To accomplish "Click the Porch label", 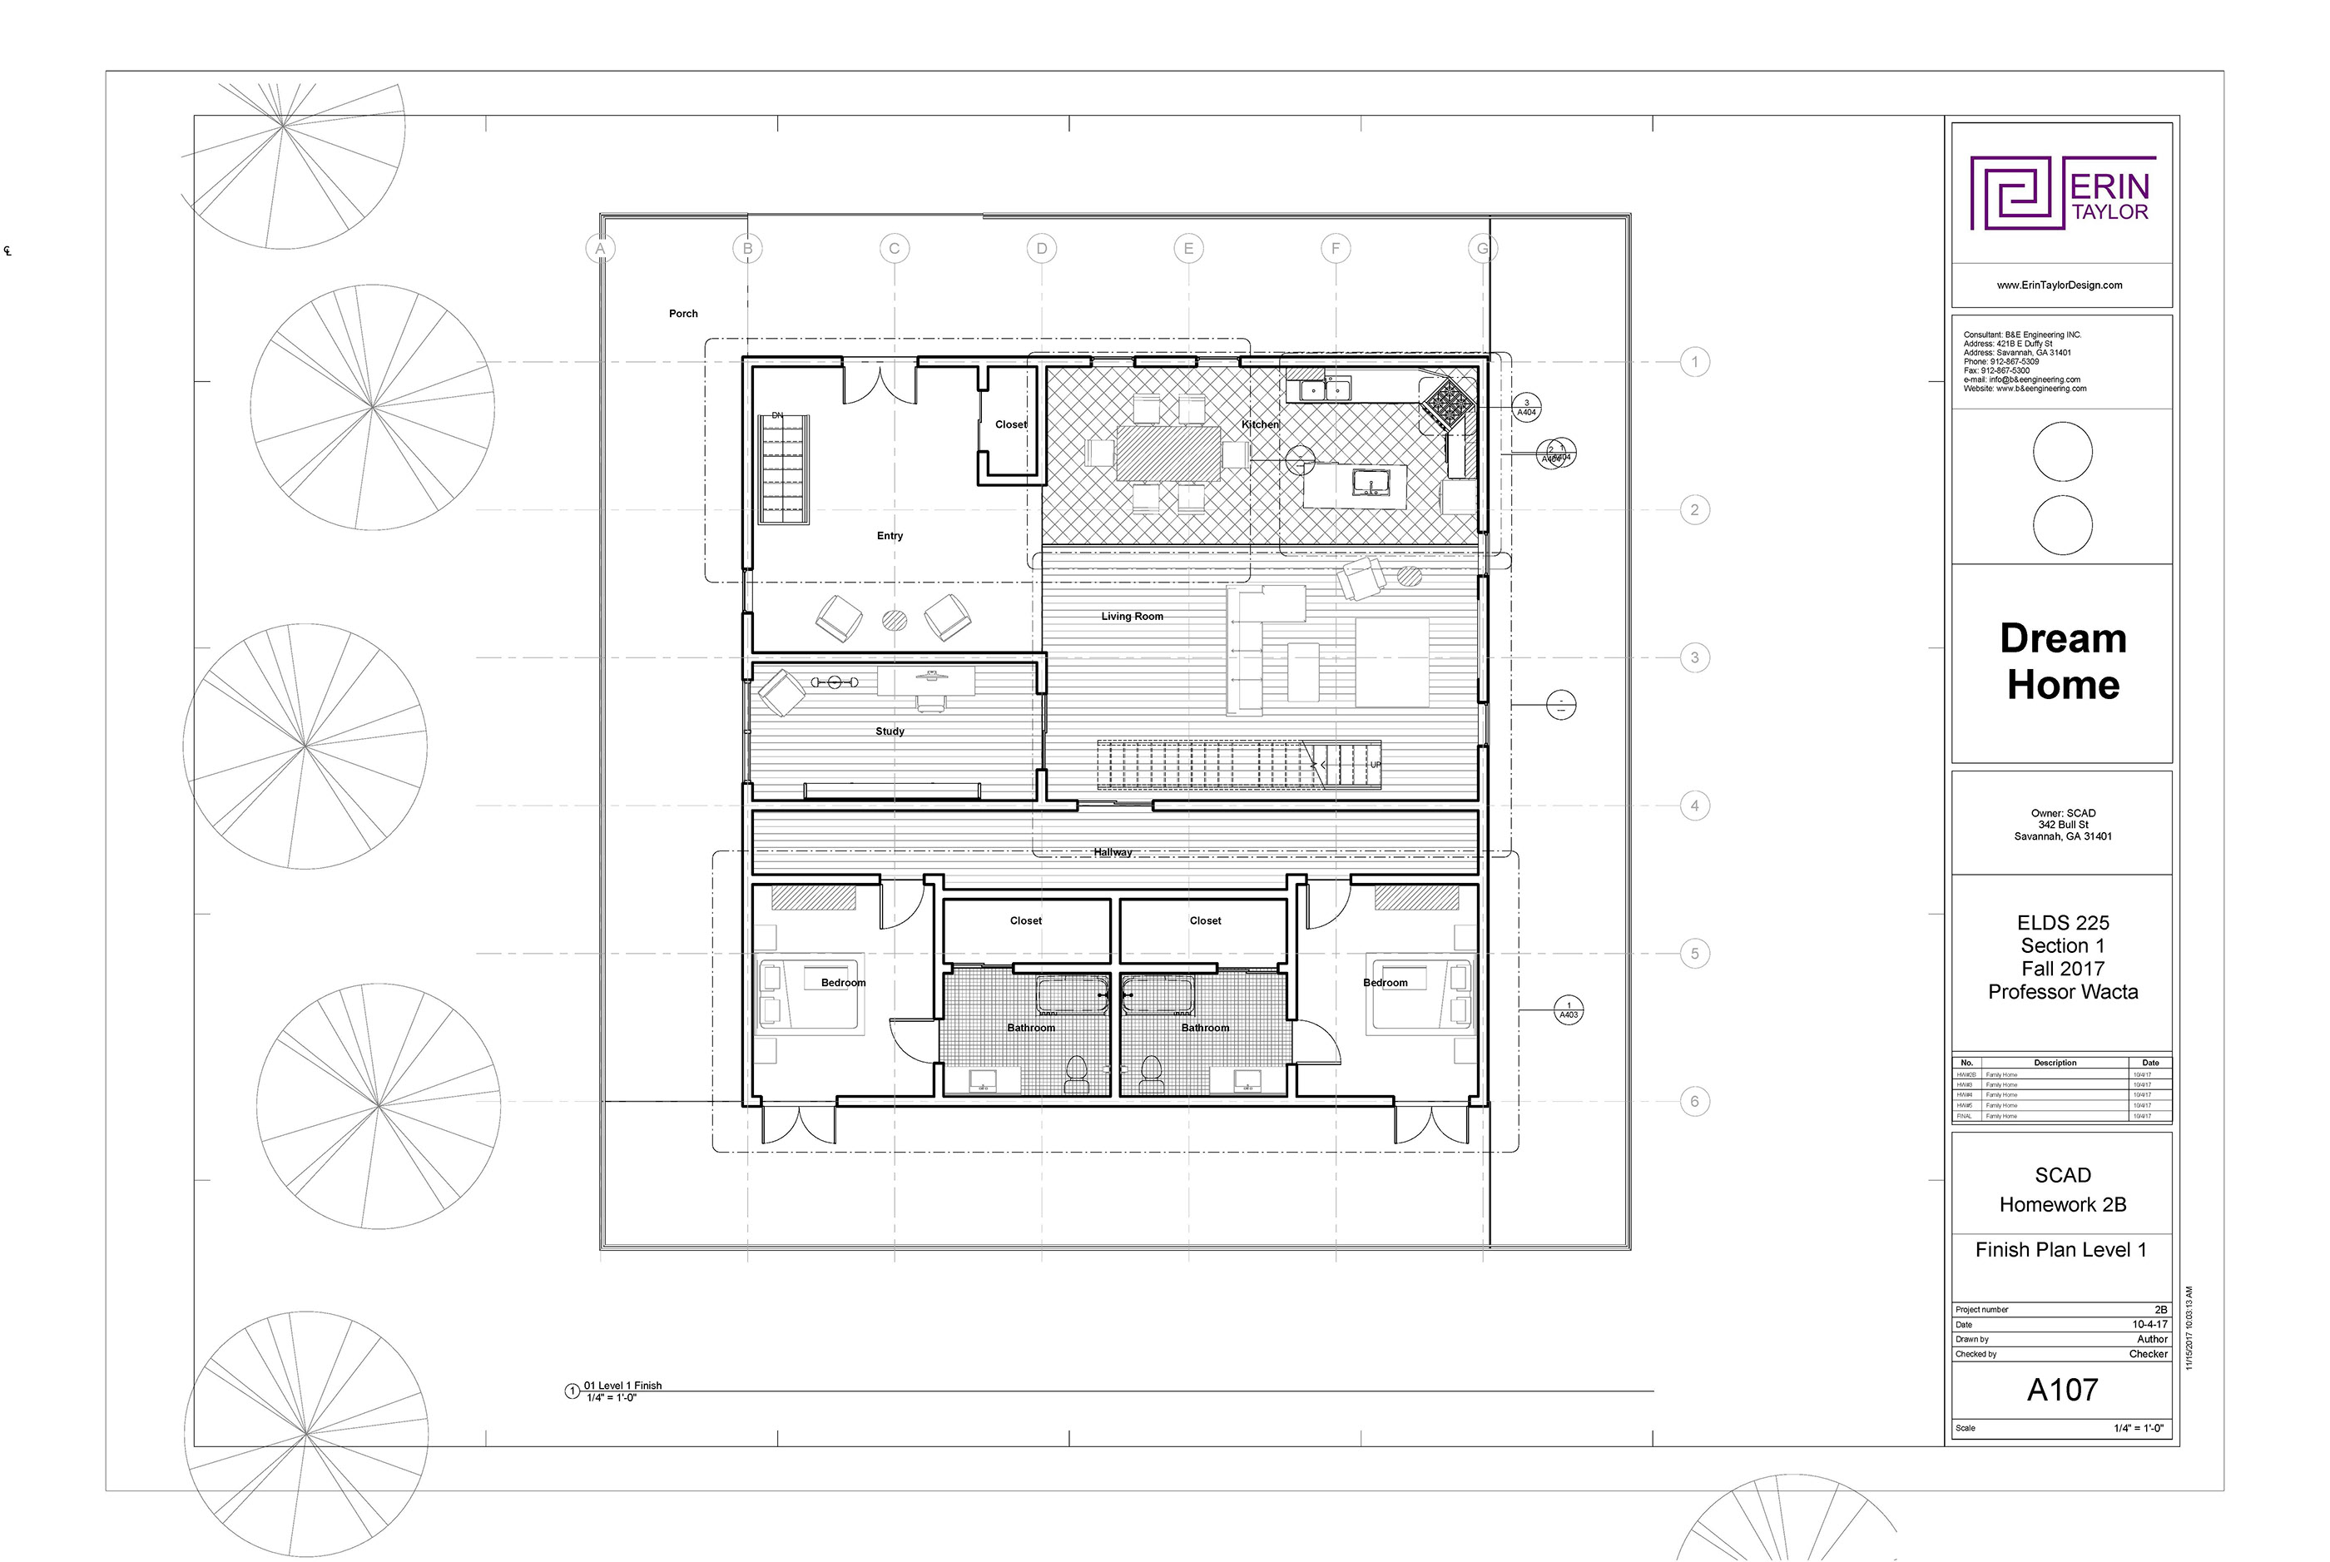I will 682,314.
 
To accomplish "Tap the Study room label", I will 890,731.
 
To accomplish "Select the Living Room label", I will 1132,617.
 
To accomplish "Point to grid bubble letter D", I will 1041,249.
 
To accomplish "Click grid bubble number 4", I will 1694,806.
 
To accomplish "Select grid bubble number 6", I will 1694,1102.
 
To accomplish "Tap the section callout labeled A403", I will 1569,1011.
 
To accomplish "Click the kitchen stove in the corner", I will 1447,404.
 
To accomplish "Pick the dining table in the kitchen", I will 1168,454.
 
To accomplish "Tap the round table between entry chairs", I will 895,621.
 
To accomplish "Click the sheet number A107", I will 2062,1390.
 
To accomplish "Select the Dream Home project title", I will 2062,662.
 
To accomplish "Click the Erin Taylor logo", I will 2062,193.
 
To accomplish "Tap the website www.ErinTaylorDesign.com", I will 2059,285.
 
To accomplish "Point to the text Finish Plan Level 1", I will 2060,1250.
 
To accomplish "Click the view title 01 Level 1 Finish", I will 622,1386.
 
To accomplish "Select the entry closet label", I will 1010,424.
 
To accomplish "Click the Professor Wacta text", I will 2062,992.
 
